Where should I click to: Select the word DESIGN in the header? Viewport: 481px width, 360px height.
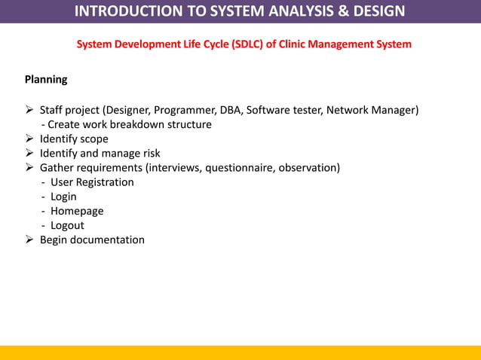click(x=382, y=11)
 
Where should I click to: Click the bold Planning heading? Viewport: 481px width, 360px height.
click(x=46, y=79)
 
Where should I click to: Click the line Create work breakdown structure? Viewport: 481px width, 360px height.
click(x=126, y=124)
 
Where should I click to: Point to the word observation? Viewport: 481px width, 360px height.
click(x=308, y=167)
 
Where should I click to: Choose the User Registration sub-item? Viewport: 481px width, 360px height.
click(x=92, y=182)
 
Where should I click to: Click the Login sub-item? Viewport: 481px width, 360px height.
click(x=63, y=197)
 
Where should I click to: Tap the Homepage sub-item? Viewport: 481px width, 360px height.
click(x=77, y=211)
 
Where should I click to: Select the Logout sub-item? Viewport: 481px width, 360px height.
click(x=67, y=225)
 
